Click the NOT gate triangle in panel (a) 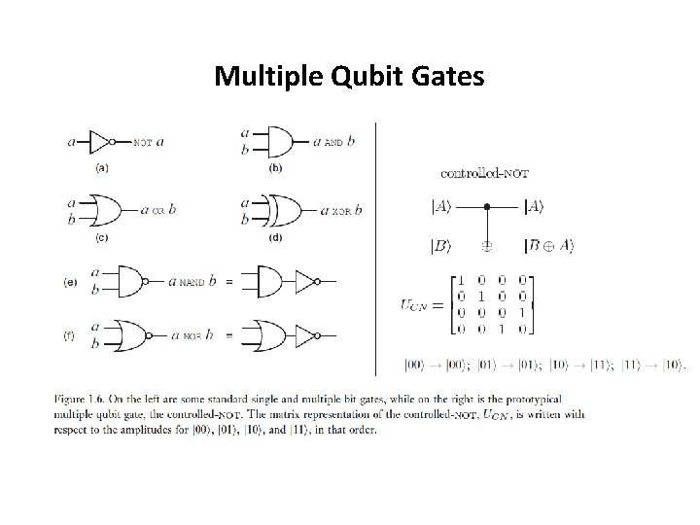tap(99, 142)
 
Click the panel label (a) tap(101, 166)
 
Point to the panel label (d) tap(275, 236)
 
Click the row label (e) tap(70, 282)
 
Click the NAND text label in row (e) tap(192, 283)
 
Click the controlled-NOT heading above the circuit tap(485, 174)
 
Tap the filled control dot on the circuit tap(487, 206)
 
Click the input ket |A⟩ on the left tap(440, 206)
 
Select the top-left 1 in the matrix tap(461, 280)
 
